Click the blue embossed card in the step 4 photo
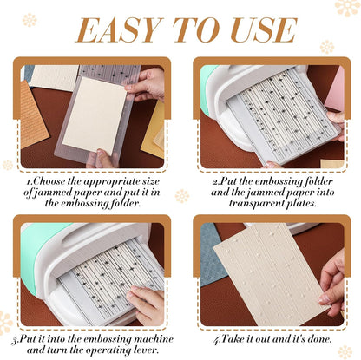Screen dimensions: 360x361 pyautogui.click(x=213, y=260)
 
